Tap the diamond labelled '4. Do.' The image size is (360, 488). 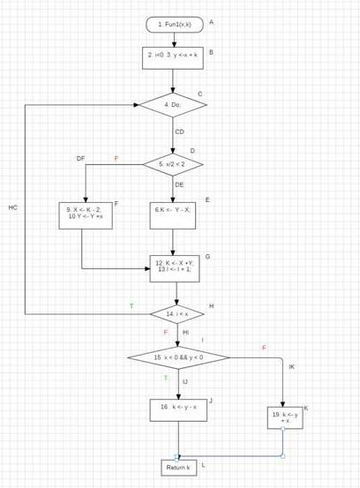tap(174, 104)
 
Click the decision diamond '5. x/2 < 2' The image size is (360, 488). tap(174, 164)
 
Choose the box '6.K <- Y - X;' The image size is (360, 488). tap(173, 213)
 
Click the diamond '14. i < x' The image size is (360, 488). tap(176, 312)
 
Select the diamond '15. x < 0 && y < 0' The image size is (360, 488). tap(179, 357)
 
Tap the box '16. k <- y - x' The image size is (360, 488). tap(178, 407)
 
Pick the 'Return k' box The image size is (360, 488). tap(178, 466)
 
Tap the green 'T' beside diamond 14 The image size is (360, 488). tap(131, 305)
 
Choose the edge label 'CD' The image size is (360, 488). tap(179, 131)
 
